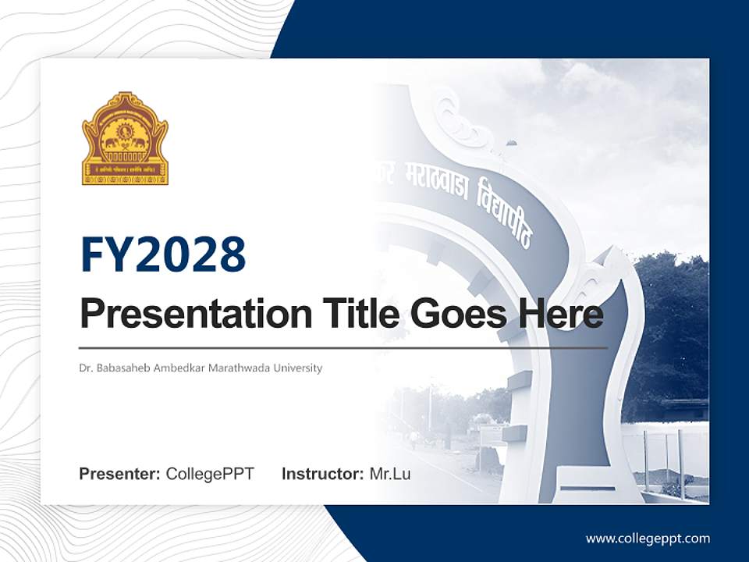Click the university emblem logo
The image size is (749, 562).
pyautogui.click(x=125, y=139)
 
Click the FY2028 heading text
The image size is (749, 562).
pyautogui.click(x=163, y=254)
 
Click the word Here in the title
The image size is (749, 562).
pyautogui.click(x=559, y=314)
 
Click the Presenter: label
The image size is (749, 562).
pyautogui.click(x=120, y=474)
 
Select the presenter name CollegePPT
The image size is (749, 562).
pyautogui.click(x=210, y=474)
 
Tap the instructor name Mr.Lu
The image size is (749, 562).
pyautogui.click(x=390, y=474)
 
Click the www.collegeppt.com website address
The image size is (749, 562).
pyautogui.click(x=648, y=539)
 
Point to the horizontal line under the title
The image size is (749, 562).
pyautogui.click(x=343, y=347)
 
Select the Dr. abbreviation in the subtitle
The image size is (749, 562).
pyautogui.click(x=85, y=368)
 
